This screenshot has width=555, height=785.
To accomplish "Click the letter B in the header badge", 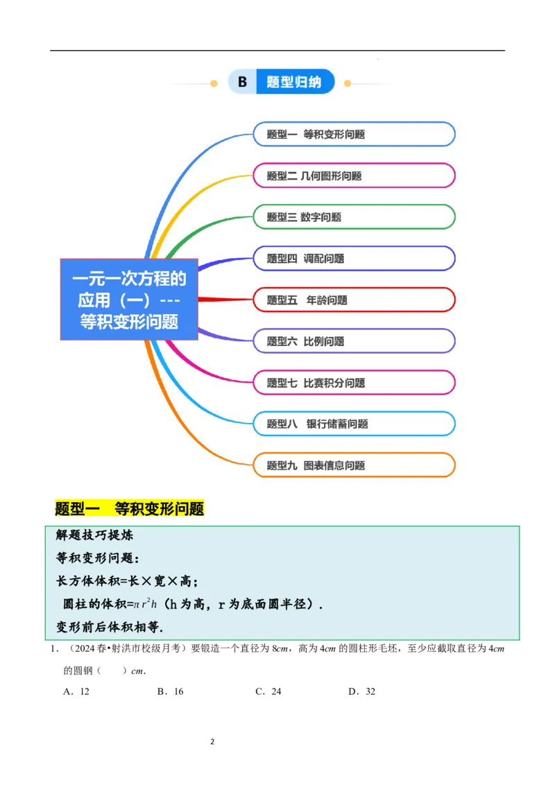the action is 242,83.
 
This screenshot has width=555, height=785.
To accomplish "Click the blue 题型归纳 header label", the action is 294,83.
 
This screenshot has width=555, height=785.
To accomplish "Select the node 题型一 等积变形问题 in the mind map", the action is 353,135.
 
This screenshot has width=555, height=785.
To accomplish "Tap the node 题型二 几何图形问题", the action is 353,175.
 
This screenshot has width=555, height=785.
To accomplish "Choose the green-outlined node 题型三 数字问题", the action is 353,217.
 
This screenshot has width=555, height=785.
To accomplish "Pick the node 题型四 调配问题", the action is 353,259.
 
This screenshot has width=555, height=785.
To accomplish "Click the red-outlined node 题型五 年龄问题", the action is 353,300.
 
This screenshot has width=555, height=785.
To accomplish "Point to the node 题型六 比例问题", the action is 353,341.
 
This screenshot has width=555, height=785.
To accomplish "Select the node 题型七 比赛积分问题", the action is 353,382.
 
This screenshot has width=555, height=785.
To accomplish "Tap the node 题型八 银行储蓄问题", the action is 353,424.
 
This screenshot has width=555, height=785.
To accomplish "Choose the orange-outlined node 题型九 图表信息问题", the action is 353,465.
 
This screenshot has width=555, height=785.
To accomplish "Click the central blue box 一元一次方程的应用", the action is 129,300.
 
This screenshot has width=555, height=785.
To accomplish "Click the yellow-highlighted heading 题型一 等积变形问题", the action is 130,509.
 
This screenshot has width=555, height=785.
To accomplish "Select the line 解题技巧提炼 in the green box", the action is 94,535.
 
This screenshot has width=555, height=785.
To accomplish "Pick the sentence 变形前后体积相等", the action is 110,627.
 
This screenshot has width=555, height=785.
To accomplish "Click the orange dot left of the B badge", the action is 214,84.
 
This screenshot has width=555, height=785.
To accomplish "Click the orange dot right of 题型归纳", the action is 348,84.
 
